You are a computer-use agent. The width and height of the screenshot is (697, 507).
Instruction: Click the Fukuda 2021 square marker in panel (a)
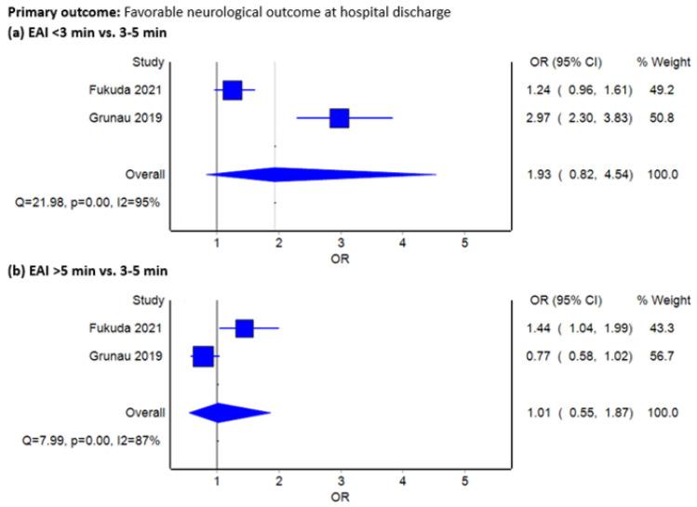[x=232, y=90]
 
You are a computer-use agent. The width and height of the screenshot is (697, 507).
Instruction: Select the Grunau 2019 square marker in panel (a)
[x=339, y=118]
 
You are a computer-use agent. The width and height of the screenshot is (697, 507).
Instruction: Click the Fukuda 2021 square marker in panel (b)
[x=244, y=327]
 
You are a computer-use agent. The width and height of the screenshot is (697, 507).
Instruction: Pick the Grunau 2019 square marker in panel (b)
[x=202, y=355]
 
